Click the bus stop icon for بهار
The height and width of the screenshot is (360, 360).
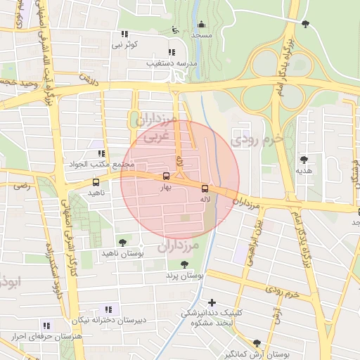[166, 176]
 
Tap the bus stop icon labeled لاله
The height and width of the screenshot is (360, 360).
[205, 188]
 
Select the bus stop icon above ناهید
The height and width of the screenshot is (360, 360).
[96, 182]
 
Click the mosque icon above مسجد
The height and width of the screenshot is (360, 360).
[202, 25]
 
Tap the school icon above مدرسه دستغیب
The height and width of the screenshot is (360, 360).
[172, 52]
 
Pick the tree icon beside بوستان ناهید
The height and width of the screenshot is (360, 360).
[122, 243]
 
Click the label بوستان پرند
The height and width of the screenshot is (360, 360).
[184, 276]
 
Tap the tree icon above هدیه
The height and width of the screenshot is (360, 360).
[304, 160]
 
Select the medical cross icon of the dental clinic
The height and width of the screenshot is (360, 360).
[212, 302]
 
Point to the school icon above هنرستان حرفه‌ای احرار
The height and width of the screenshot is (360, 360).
[46, 326]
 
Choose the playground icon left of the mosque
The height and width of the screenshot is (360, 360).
[176, 30]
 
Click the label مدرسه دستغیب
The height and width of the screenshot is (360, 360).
[169, 63]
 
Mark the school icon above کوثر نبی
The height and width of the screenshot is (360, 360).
[124, 34]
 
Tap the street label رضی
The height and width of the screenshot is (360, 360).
[22, 186]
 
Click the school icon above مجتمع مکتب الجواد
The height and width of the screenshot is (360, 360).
[101, 153]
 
